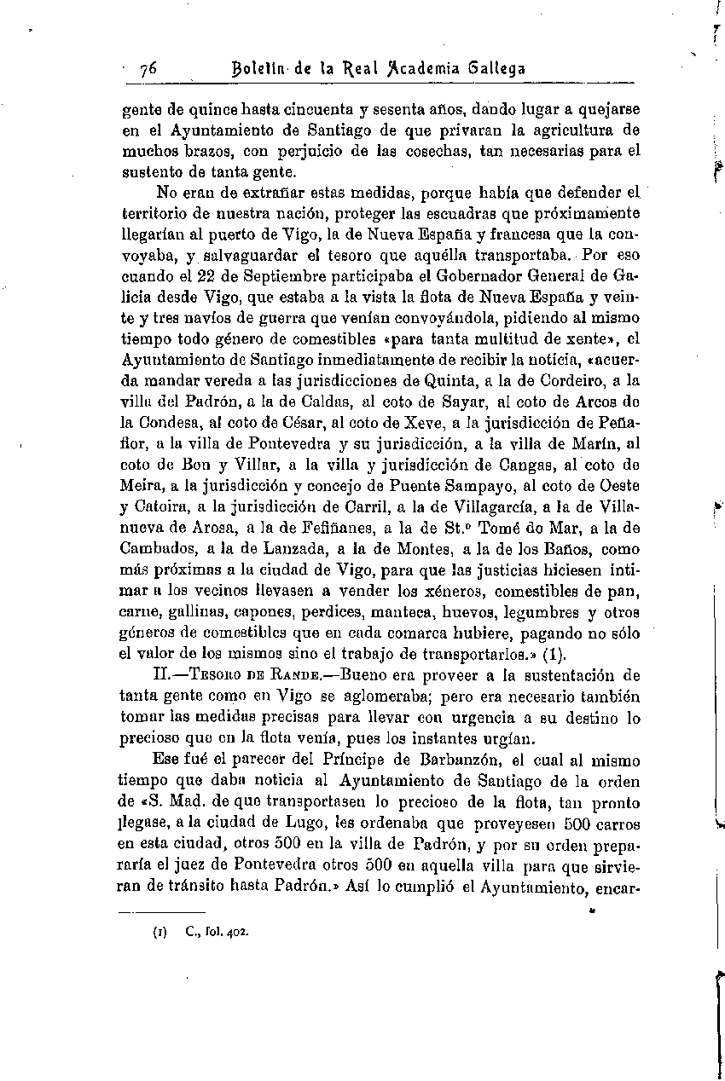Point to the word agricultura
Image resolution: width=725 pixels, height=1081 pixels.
577,130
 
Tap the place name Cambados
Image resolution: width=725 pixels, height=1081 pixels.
154,548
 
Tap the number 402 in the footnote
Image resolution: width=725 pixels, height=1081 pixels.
235,931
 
